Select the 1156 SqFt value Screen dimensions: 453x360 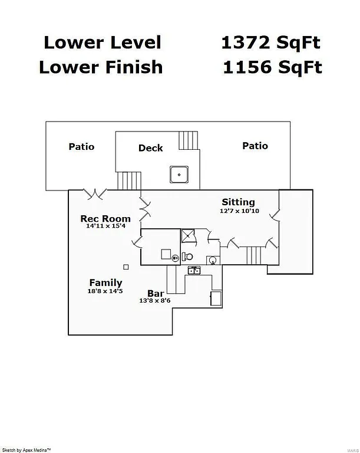(x=272, y=67)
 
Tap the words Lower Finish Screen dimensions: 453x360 (x=101, y=67)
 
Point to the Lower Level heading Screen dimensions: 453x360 (x=102, y=42)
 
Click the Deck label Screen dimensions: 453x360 (x=151, y=148)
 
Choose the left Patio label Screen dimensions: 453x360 (x=81, y=146)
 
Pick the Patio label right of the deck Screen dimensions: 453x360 (x=255, y=146)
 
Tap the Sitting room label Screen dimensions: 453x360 (x=238, y=202)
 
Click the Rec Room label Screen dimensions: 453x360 (x=105, y=219)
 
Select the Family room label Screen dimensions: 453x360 (x=105, y=283)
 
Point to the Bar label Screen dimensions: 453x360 (x=156, y=293)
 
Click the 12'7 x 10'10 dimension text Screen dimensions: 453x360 (x=239, y=211)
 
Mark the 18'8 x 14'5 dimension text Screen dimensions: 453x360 (x=105, y=291)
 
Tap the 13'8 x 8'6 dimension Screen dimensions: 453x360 (x=155, y=301)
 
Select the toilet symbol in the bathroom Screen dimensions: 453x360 (x=187, y=257)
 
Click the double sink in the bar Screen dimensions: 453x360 (x=194, y=270)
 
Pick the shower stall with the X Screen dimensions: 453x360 (x=189, y=235)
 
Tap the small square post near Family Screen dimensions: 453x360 (x=125, y=266)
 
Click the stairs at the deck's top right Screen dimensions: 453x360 (x=189, y=140)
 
